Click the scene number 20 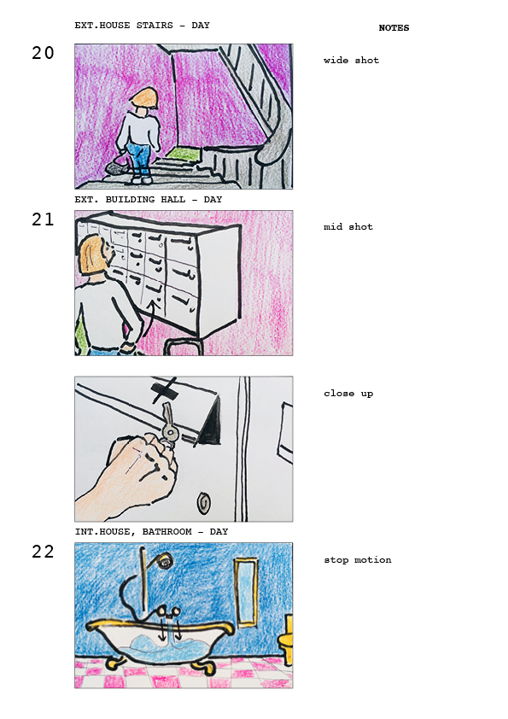43,53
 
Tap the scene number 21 43,219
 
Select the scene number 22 43,552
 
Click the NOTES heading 394,28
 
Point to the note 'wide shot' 351,60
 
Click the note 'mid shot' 348,226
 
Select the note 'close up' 348,394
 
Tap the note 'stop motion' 358,560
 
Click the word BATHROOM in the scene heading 166,531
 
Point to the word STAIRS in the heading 155,26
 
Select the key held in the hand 168,424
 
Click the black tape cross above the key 164,389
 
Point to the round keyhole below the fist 203,504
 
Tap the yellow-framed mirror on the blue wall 246,592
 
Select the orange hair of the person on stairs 144,98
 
